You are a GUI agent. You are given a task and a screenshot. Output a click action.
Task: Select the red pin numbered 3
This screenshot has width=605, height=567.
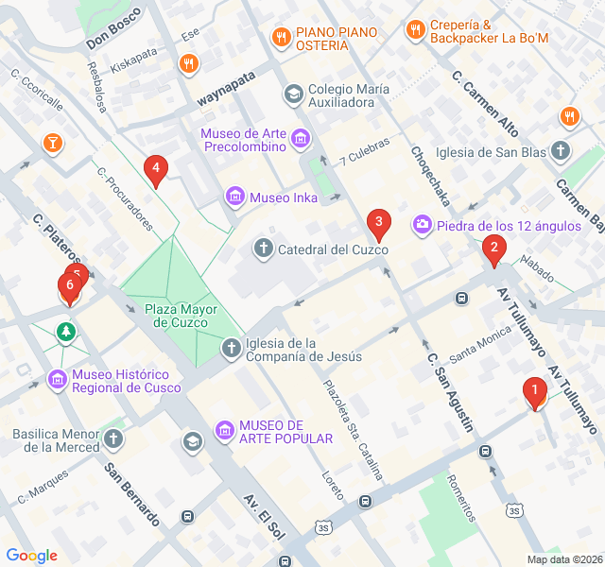(378, 225)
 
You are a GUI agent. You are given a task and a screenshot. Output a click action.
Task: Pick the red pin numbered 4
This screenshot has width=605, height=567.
(156, 170)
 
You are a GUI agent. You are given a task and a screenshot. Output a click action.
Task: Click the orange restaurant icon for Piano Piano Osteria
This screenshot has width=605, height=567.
(281, 38)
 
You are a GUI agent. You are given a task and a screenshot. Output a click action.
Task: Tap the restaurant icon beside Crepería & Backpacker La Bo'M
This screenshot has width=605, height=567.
(415, 30)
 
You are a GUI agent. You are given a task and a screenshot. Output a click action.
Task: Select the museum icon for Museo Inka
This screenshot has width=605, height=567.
(234, 198)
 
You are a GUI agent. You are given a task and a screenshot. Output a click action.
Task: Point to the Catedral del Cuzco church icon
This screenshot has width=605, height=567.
(264, 249)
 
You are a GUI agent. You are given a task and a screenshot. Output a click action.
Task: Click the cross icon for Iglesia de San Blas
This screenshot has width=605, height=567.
(562, 151)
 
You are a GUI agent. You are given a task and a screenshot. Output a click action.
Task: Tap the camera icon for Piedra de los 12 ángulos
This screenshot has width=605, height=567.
(422, 224)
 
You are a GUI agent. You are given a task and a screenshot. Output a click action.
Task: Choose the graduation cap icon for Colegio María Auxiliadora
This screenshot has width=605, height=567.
(293, 95)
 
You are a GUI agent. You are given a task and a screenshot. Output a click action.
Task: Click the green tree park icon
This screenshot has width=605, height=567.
(65, 332)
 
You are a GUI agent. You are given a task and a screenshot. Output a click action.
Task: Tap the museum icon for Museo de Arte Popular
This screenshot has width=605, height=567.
(225, 431)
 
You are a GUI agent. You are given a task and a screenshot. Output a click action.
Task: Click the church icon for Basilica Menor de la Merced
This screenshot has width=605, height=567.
(113, 438)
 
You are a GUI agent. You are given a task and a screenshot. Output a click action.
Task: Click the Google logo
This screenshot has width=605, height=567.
(32, 556)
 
